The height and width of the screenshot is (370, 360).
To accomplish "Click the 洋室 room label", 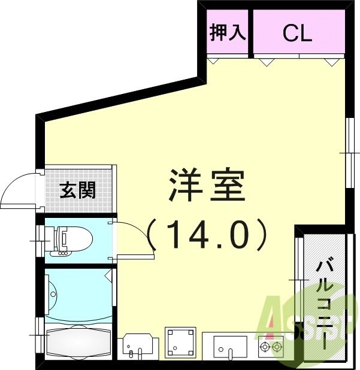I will coord(207,186).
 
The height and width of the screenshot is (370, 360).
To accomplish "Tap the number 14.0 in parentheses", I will coord(207,235).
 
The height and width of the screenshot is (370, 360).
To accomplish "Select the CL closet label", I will coord(298,33).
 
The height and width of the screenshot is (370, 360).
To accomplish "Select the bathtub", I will coord(78,341).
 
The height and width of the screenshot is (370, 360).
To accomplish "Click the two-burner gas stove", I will coord(270,347).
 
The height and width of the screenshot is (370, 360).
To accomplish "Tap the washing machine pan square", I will coord(180,342).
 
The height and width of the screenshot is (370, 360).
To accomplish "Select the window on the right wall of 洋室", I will coord(349,153).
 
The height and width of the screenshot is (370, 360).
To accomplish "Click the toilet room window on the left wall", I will coord(40,242).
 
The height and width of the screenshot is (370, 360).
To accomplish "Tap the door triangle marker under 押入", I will coord(214,60).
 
